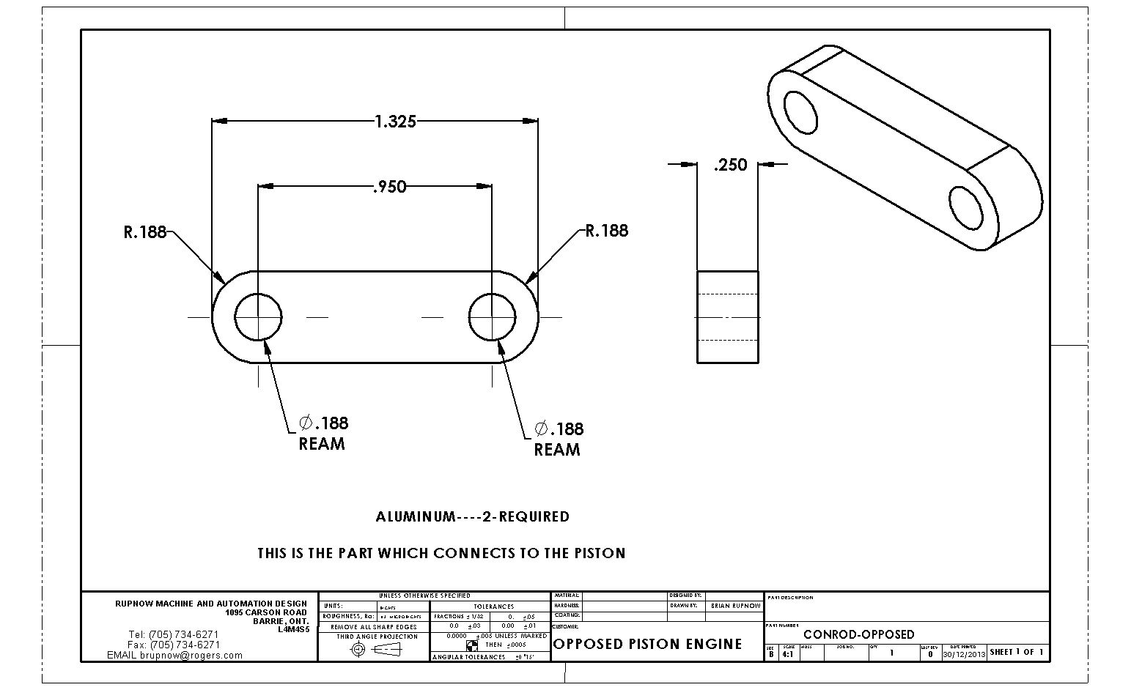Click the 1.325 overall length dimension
click(395, 122)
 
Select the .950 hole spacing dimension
click(389, 188)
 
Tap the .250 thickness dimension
click(730, 165)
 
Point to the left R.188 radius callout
click(144, 233)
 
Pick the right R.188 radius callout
click(607, 231)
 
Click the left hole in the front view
click(258, 317)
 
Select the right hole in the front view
click(492, 317)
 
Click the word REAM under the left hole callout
click(322, 444)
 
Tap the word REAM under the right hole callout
click(557, 450)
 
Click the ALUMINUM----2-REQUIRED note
click(472, 517)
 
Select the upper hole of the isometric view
click(800, 112)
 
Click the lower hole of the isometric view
click(966, 207)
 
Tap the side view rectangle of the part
click(727, 316)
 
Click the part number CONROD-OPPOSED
click(859, 634)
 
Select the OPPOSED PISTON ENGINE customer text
click(648, 645)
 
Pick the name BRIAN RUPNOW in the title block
click(735, 606)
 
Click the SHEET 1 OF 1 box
click(1017, 652)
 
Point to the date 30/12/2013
click(964, 654)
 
